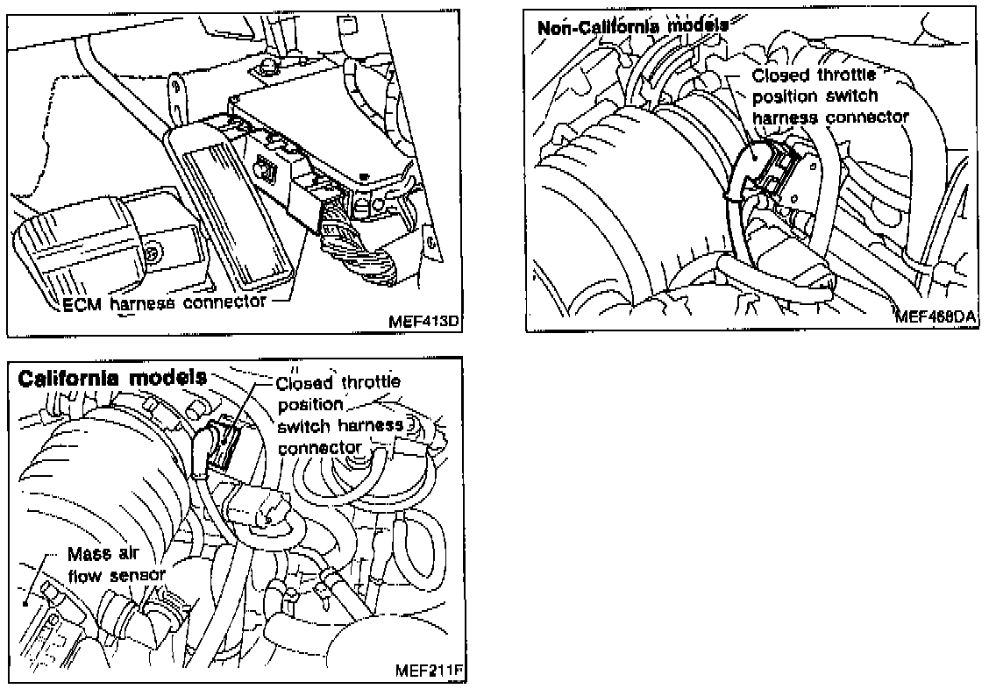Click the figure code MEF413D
[424, 321]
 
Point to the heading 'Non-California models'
[631, 26]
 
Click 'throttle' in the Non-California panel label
[844, 76]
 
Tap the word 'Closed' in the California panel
[304, 384]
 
